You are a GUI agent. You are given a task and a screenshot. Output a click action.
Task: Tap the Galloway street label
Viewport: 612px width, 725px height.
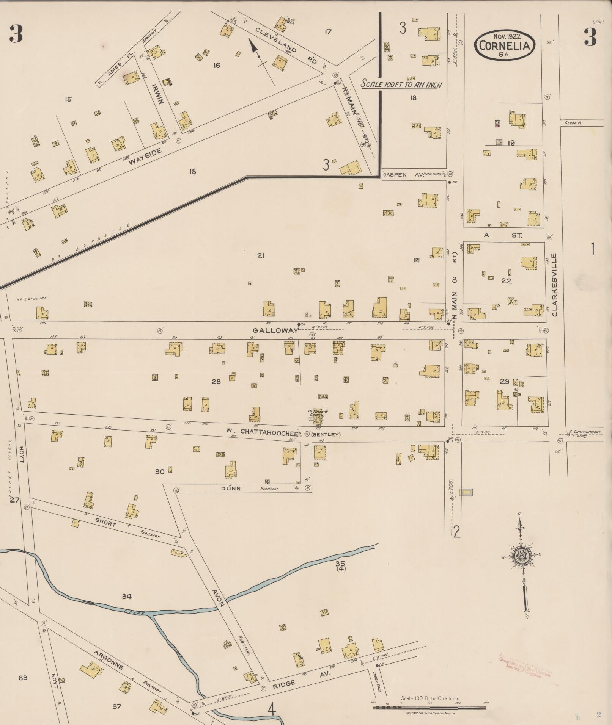point(276,330)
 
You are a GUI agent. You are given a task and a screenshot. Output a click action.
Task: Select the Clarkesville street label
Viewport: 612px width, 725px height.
point(554,285)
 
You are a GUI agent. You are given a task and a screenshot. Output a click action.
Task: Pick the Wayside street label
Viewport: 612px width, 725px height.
point(145,156)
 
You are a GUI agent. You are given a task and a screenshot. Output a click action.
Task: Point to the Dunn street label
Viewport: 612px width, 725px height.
point(231,489)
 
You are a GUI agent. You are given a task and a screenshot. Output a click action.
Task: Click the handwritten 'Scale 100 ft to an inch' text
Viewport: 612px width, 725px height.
point(401,84)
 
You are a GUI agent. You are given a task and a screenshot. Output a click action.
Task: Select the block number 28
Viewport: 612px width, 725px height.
point(216,381)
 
